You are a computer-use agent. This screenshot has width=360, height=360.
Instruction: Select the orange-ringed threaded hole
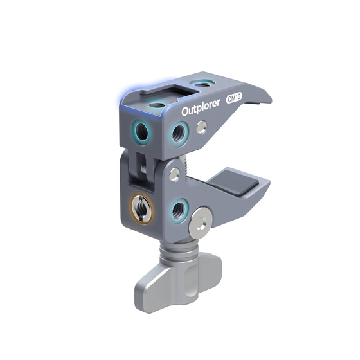click(141, 208)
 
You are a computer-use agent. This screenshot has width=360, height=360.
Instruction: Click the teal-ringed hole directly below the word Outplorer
click(177, 133)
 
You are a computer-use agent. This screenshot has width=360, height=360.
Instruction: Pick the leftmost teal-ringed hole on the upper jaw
click(141, 132)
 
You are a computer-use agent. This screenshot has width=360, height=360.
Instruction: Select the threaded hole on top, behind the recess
click(202, 83)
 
